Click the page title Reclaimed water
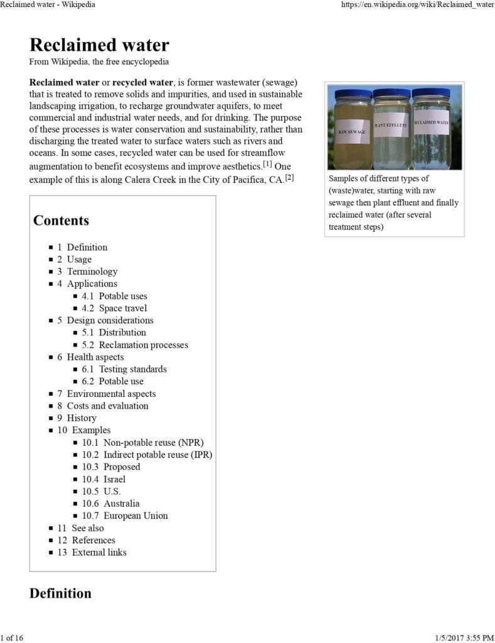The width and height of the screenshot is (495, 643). point(99,45)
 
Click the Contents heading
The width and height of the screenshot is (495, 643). point(61,220)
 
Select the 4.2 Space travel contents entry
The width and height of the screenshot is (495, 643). point(114,308)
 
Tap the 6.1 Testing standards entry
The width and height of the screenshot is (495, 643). point(124,369)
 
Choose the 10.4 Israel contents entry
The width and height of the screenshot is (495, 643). point(104,479)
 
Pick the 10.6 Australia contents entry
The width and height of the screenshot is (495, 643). point(110,504)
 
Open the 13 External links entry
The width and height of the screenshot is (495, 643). point(92,553)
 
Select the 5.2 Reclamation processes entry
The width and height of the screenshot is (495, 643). point(134,345)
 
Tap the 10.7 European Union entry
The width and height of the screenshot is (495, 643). point(125,516)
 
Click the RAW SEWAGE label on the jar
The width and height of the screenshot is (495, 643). point(351,132)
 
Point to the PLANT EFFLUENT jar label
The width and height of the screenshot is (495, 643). point(391,126)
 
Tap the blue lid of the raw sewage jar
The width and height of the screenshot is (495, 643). point(353,94)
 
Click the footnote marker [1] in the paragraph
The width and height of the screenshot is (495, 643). point(267,164)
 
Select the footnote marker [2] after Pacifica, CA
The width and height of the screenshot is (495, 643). point(289,178)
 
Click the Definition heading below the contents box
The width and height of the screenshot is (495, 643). point(60,593)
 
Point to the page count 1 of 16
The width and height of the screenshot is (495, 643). point(12,638)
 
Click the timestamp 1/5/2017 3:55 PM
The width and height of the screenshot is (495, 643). point(464,638)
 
